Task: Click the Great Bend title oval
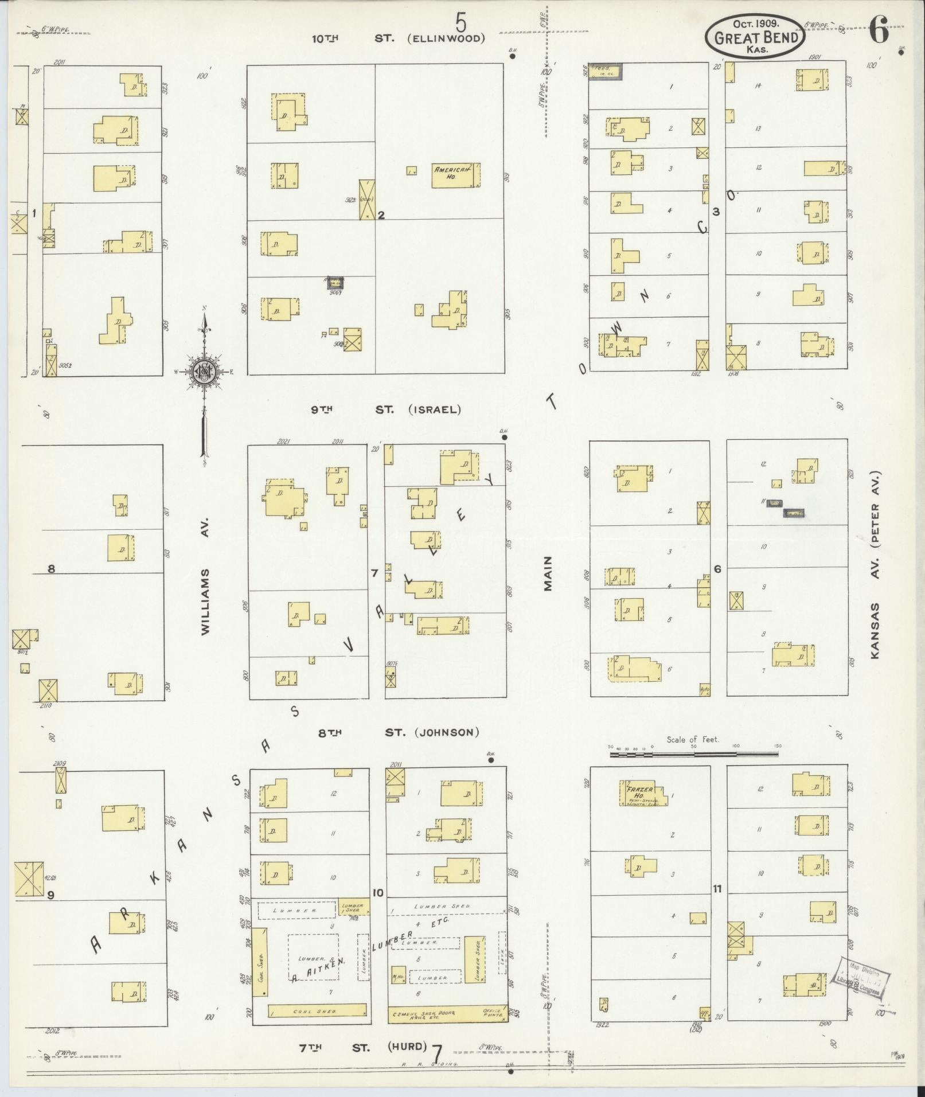click(x=755, y=36)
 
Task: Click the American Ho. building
click(x=455, y=175)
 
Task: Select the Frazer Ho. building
click(x=643, y=794)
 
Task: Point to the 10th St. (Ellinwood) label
click(x=398, y=39)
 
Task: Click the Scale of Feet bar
click(x=694, y=755)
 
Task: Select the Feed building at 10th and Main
click(x=606, y=72)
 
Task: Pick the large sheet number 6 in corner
click(x=879, y=30)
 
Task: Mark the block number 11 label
click(x=717, y=889)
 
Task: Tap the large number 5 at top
click(x=461, y=24)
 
